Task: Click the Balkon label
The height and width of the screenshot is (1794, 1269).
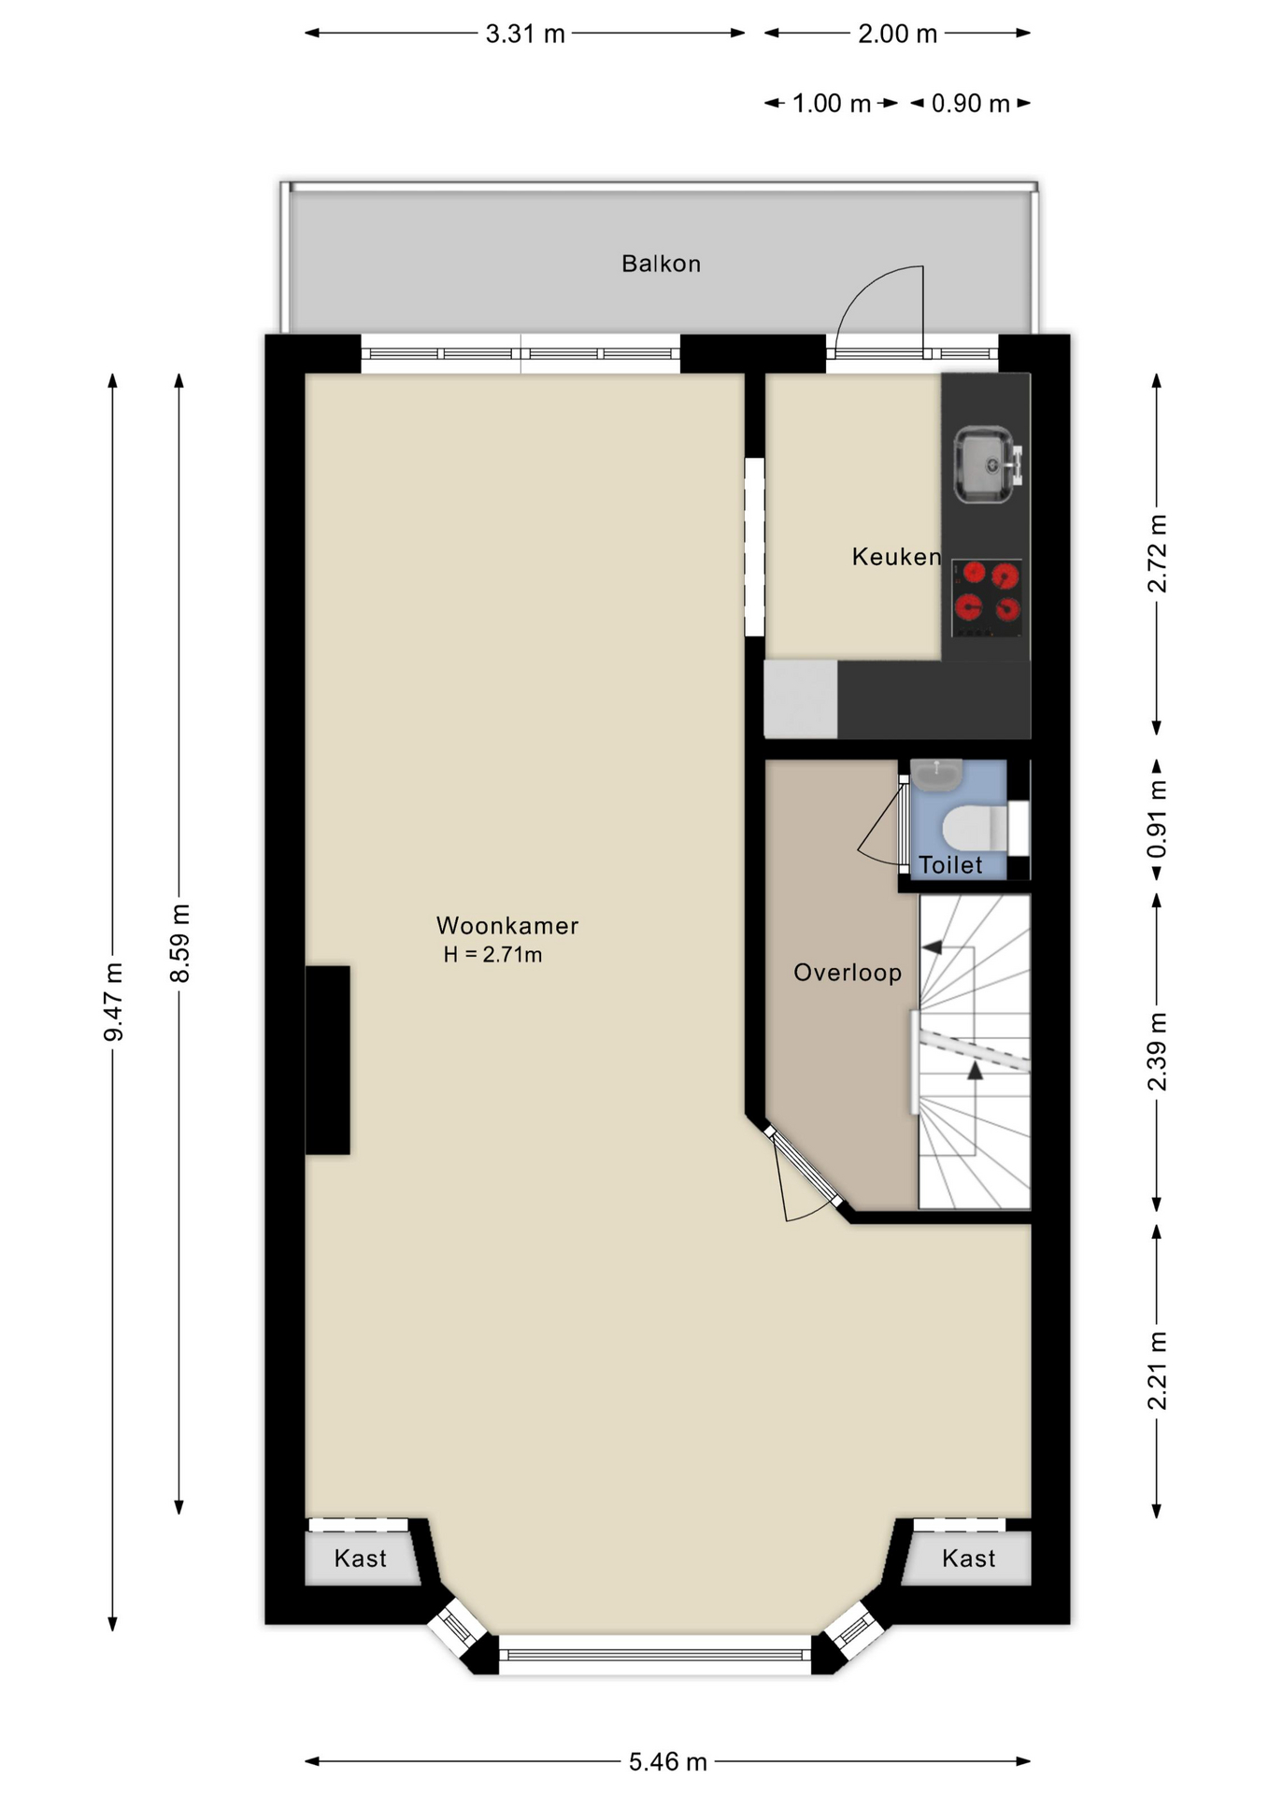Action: click(x=661, y=263)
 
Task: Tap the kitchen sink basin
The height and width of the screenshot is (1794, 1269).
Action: click(x=982, y=464)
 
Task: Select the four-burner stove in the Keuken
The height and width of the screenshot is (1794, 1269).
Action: click(x=987, y=598)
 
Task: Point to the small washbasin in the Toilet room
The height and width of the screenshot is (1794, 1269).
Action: click(x=936, y=773)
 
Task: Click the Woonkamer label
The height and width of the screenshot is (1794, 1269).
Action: click(x=507, y=925)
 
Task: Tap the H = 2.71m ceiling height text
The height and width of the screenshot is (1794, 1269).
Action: click(x=492, y=954)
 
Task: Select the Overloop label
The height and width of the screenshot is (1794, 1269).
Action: click(x=848, y=973)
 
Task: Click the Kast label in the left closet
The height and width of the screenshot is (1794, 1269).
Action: click(x=360, y=1558)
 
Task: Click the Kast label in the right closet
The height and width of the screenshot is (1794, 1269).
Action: click(x=968, y=1558)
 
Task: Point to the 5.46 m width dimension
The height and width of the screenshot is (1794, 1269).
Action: click(x=667, y=1761)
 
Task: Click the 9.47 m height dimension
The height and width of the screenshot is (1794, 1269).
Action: click(x=113, y=1001)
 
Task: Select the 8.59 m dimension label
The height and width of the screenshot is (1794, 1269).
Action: click(x=179, y=943)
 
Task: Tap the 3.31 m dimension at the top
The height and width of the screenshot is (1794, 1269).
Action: click(x=525, y=34)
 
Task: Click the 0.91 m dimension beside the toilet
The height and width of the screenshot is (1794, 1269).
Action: click(x=1157, y=819)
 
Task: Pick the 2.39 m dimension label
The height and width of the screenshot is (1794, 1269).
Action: click(x=1157, y=1051)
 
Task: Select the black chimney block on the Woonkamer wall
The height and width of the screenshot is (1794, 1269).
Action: click(x=328, y=1060)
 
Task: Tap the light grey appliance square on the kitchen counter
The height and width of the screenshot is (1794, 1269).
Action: click(x=800, y=698)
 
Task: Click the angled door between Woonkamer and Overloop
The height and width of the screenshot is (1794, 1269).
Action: click(x=802, y=1168)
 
